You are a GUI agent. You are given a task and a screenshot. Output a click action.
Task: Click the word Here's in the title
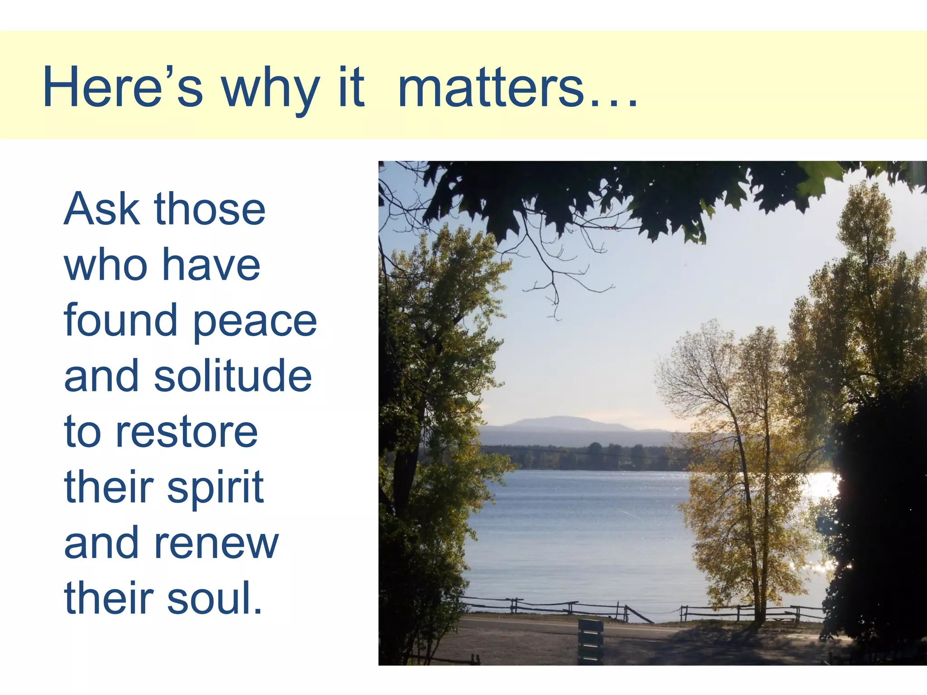click(122, 87)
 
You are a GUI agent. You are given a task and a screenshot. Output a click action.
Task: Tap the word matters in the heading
click(491, 87)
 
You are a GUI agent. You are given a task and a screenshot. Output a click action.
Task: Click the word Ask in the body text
click(102, 209)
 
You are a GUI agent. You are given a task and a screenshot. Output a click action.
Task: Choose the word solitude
click(233, 376)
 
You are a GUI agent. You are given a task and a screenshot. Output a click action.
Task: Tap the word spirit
click(215, 489)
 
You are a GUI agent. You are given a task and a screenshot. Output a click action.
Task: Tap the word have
click(211, 266)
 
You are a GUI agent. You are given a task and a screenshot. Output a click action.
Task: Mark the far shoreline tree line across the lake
click(588, 457)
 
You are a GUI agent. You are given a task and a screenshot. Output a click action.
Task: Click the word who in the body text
click(106, 266)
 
